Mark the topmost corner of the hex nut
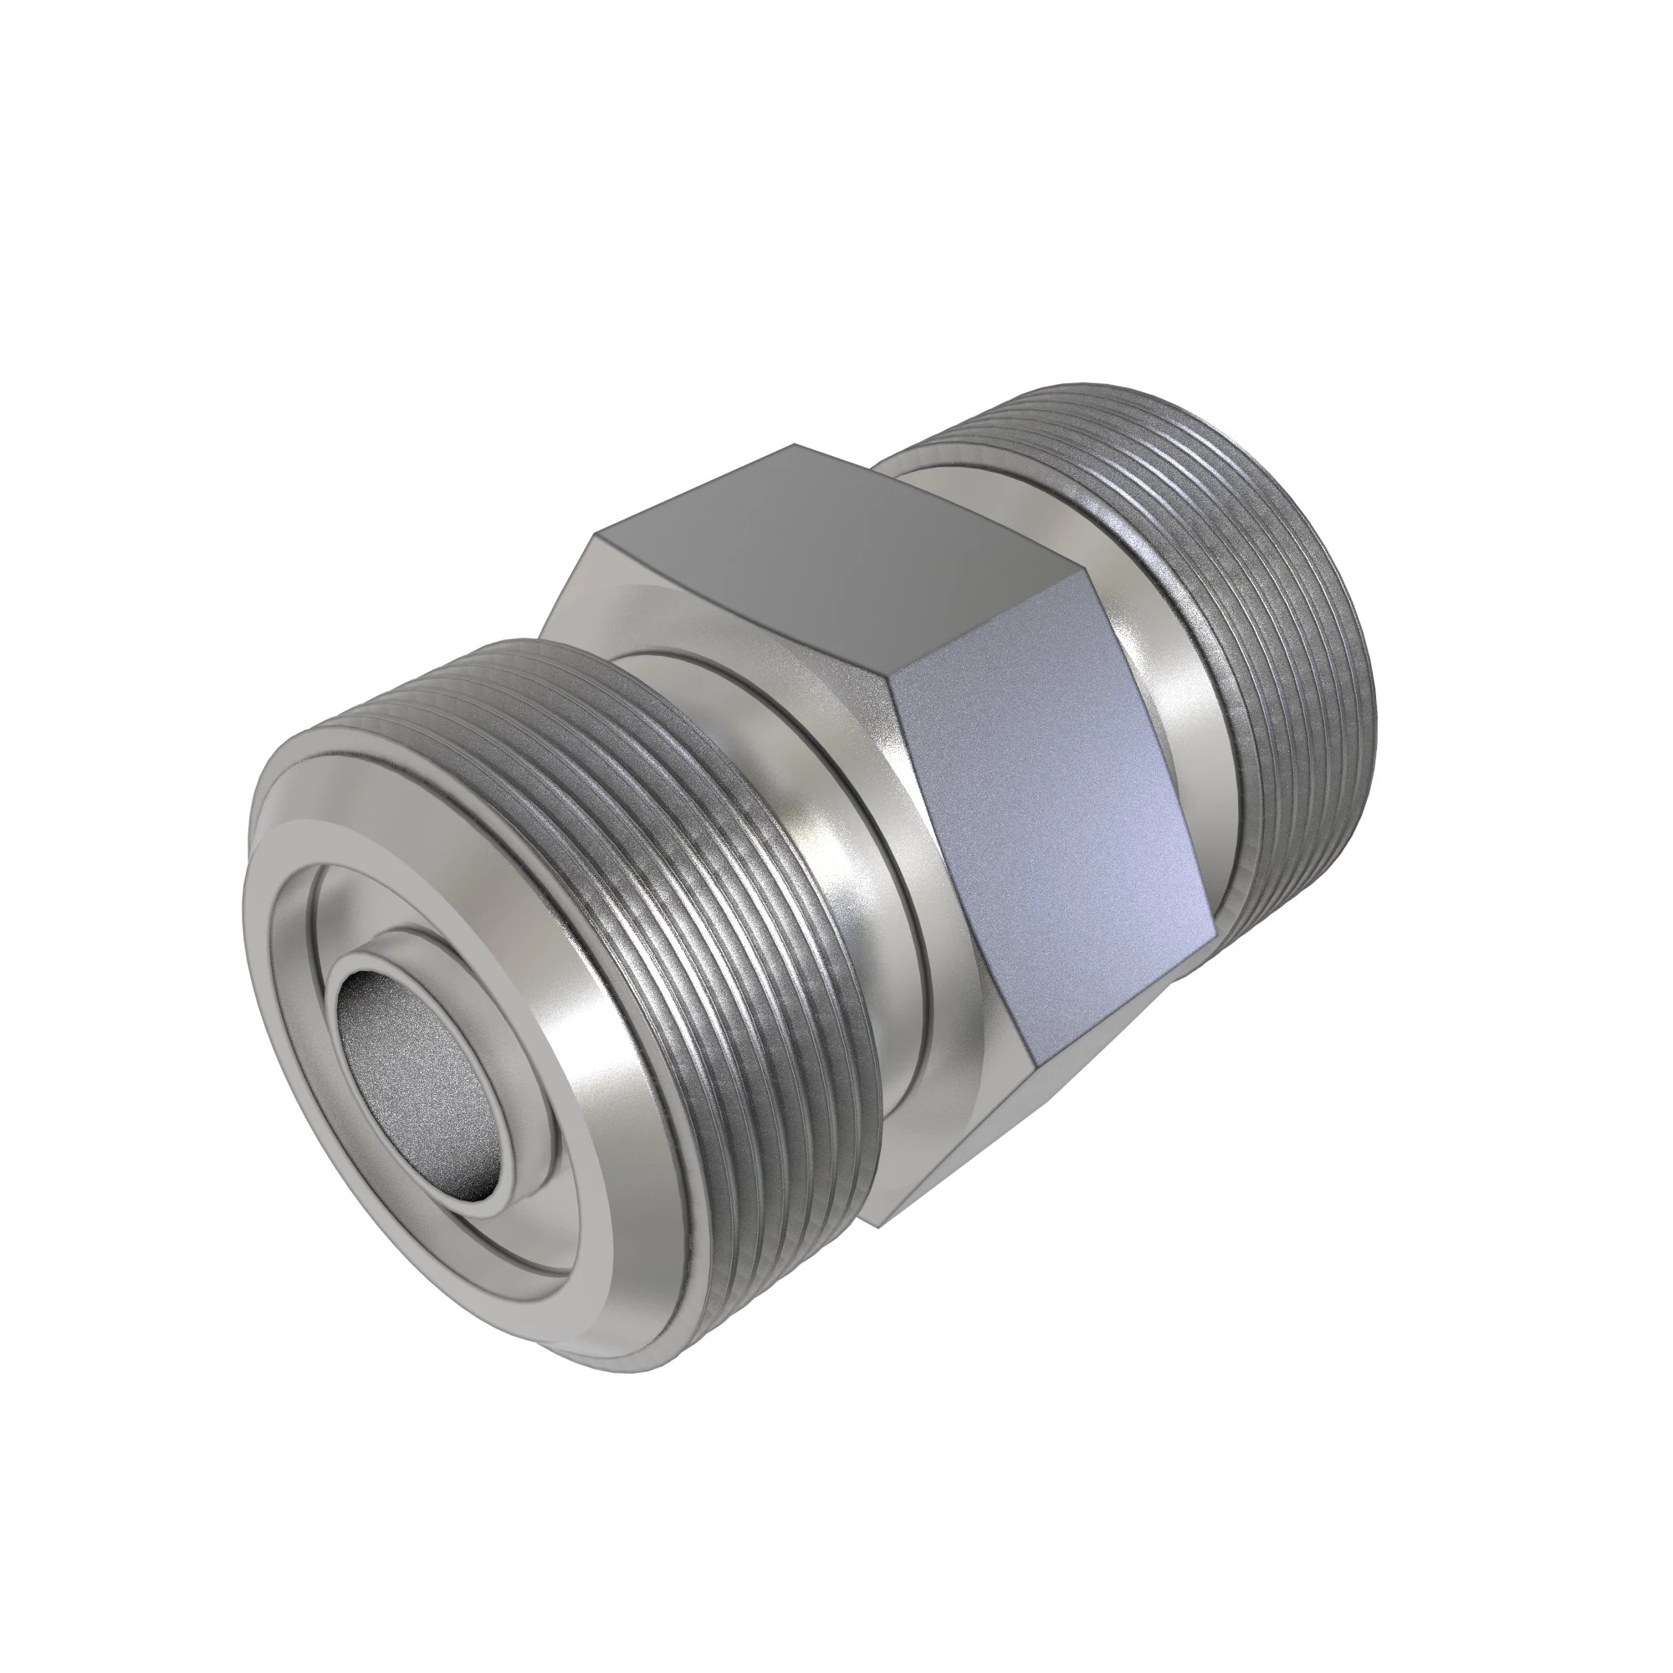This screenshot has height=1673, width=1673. click(795, 446)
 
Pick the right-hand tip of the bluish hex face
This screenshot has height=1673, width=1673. click(1212, 931)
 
